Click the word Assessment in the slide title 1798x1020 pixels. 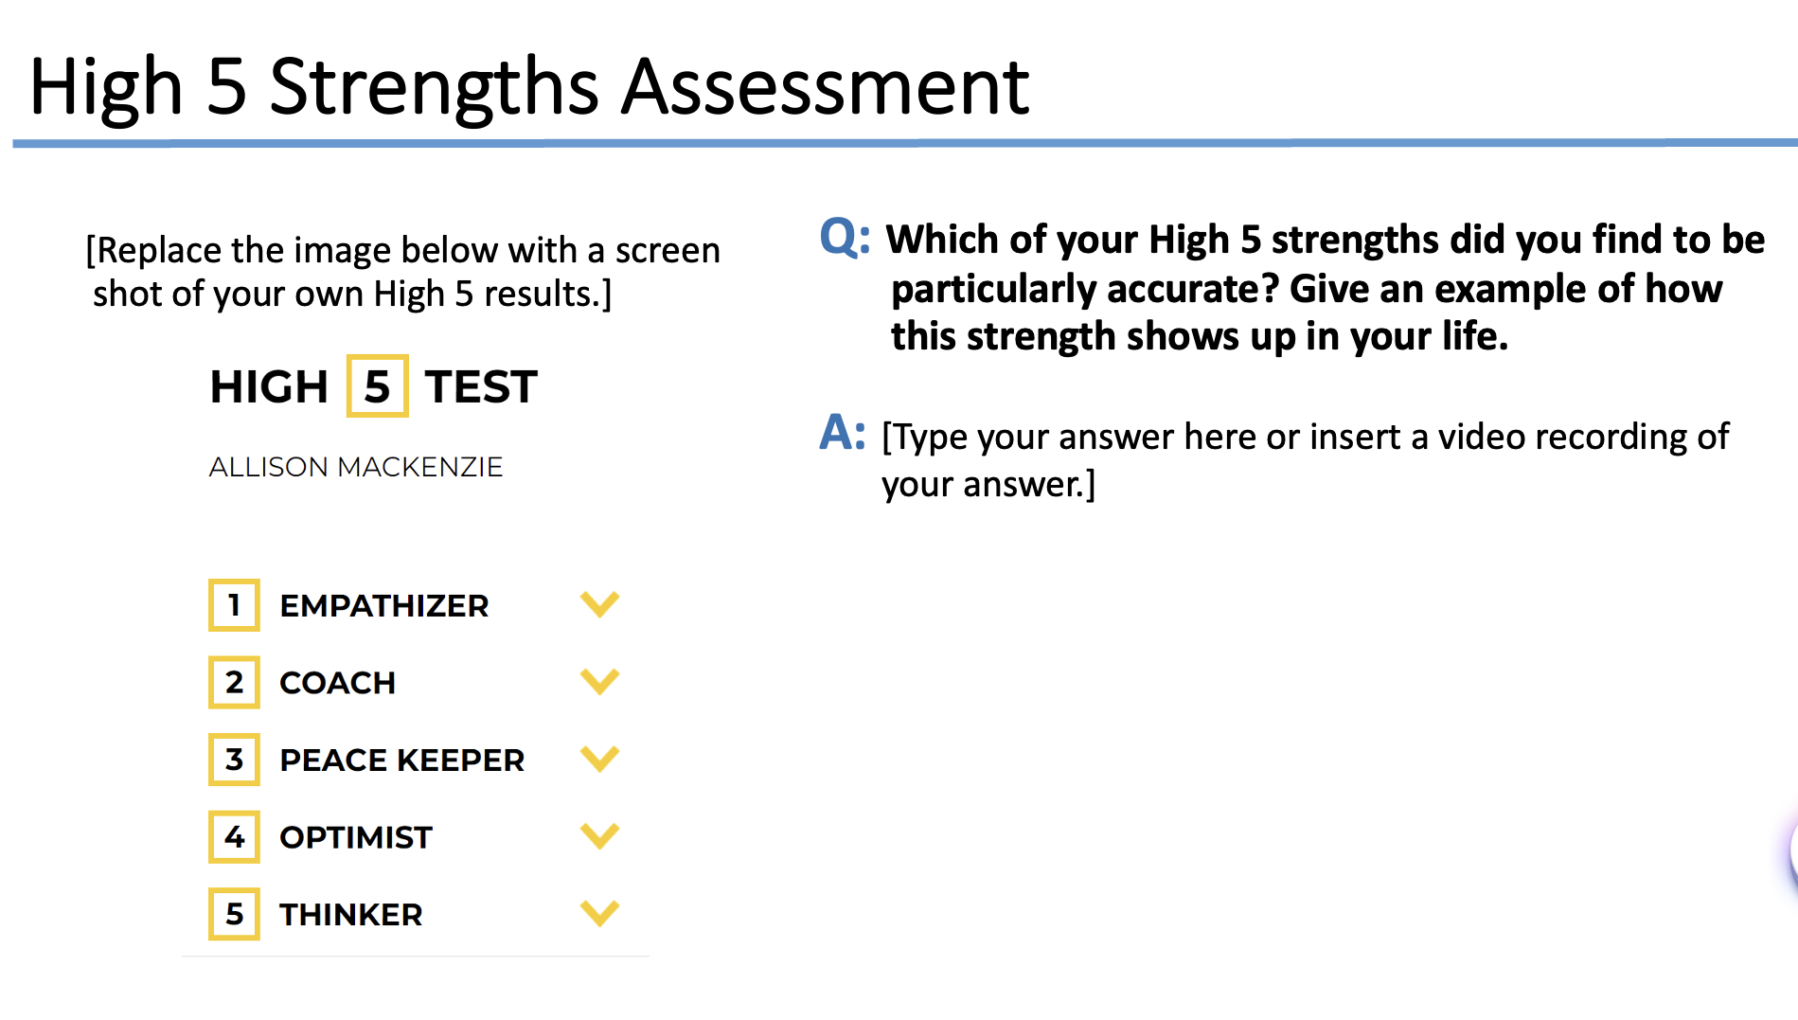click(825, 87)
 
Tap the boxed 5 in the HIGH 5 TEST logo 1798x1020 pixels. click(377, 386)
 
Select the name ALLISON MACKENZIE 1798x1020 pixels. click(355, 467)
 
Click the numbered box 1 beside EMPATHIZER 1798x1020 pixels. click(234, 605)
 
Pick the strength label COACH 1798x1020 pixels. click(337, 683)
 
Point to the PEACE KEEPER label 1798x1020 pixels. click(401, 760)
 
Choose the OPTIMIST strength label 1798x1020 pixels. click(355, 837)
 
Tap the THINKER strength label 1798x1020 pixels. click(350, 915)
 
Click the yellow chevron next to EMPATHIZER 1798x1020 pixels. click(599, 604)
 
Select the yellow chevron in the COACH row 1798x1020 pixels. click(599, 681)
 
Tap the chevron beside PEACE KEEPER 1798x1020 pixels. click(599, 759)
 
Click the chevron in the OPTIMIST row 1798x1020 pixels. click(599, 836)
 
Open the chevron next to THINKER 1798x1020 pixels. click(599, 913)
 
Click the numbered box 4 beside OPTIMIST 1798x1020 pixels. click(234, 837)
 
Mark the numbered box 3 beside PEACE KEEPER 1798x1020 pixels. click(234, 760)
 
